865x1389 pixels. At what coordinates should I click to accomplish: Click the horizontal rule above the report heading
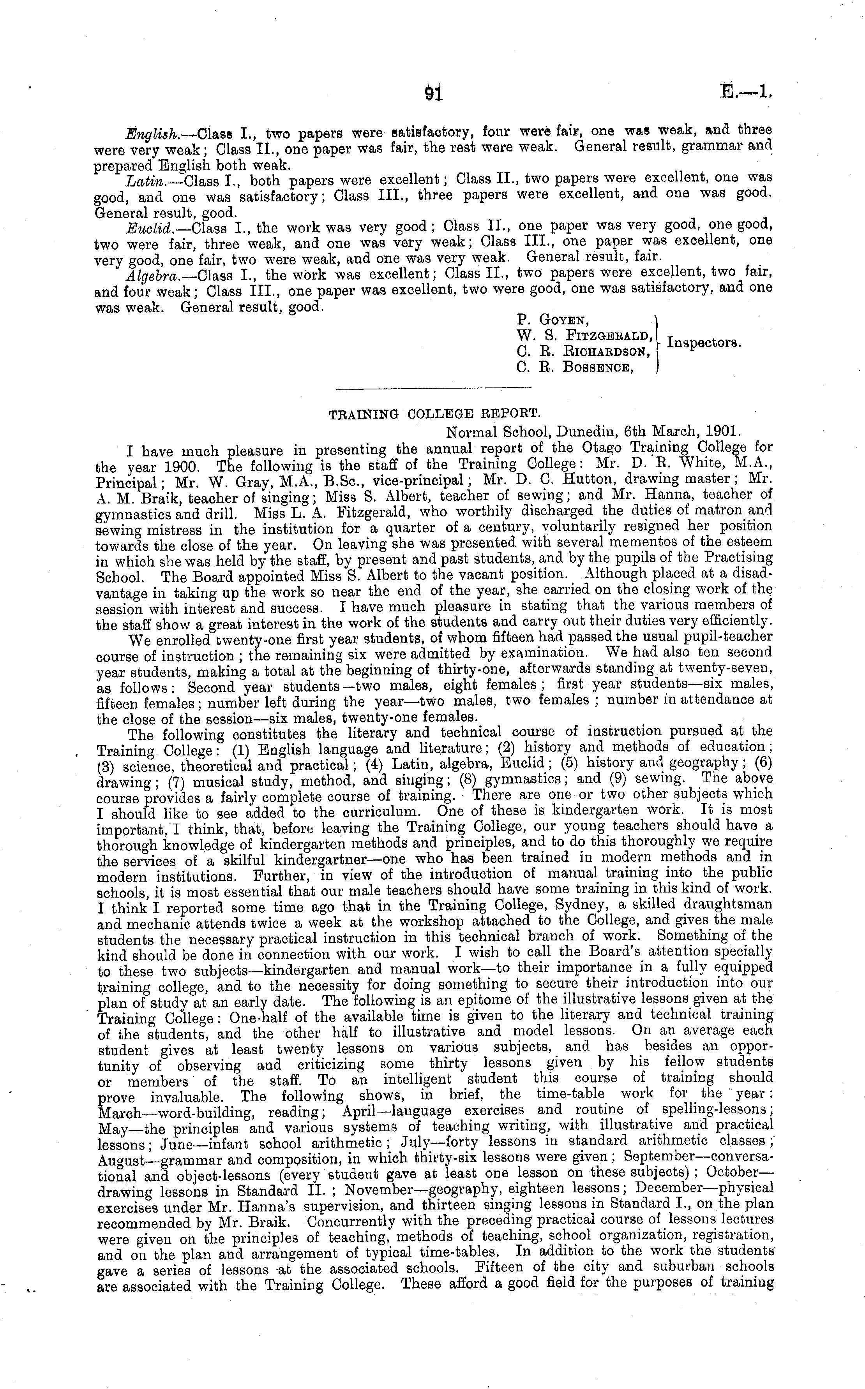tap(433, 389)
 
